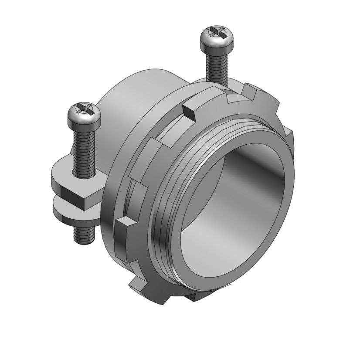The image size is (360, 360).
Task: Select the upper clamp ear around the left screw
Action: [65, 174]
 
